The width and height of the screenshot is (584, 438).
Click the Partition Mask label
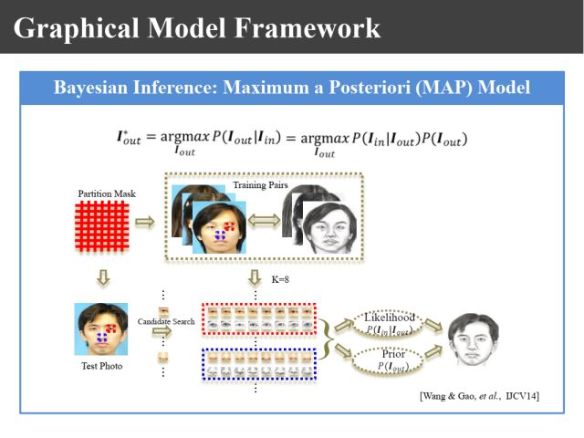point(100,193)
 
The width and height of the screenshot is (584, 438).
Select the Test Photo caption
point(100,367)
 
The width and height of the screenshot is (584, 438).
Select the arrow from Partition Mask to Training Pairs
point(146,221)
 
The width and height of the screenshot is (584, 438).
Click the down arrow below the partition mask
point(101,275)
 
